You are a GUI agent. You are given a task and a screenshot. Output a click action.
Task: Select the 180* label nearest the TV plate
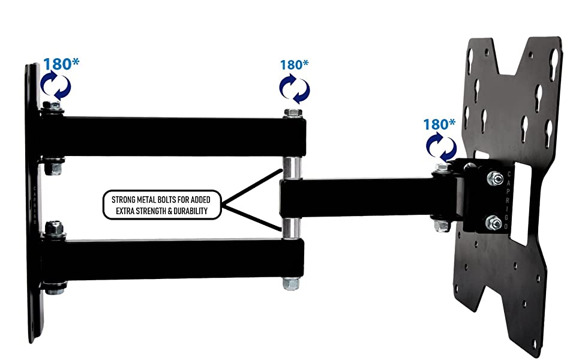pos(439,125)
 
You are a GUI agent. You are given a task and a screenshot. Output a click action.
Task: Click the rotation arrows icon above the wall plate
pos(55,86)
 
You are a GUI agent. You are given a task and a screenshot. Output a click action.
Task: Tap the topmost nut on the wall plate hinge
pos(54,107)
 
